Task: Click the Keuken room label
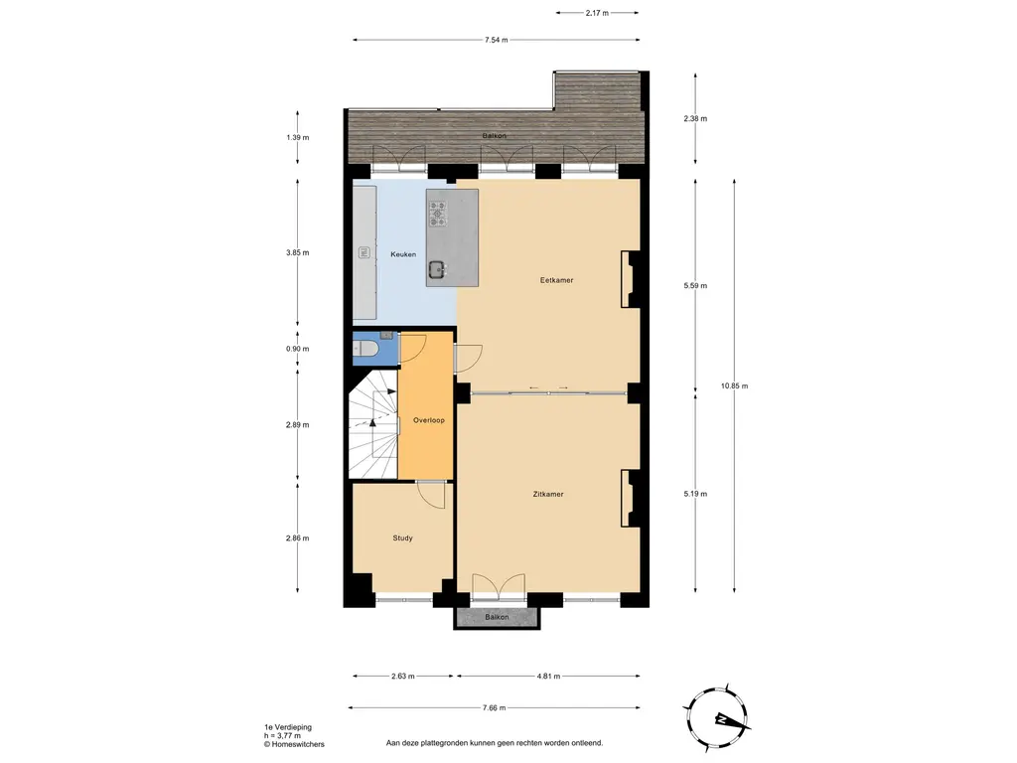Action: tap(403, 254)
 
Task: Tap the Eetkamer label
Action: tap(556, 280)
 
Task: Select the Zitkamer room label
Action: tap(548, 494)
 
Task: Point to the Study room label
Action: tap(403, 537)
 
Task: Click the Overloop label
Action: tap(429, 420)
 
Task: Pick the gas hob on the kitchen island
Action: tap(437, 214)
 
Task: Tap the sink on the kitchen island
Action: tap(437, 268)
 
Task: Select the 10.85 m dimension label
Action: tap(734, 386)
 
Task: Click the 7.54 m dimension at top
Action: tap(497, 40)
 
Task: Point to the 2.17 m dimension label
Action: tap(597, 13)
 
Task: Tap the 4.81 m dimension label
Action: tap(548, 676)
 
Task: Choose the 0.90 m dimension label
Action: tap(298, 349)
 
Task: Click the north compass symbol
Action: tap(717, 719)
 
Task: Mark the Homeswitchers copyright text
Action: tap(294, 744)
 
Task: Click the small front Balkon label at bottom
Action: tap(497, 617)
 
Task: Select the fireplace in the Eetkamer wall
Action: tap(627, 279)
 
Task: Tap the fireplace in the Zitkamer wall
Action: tap(627, 499)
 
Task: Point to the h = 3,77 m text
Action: tap(282, 736)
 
